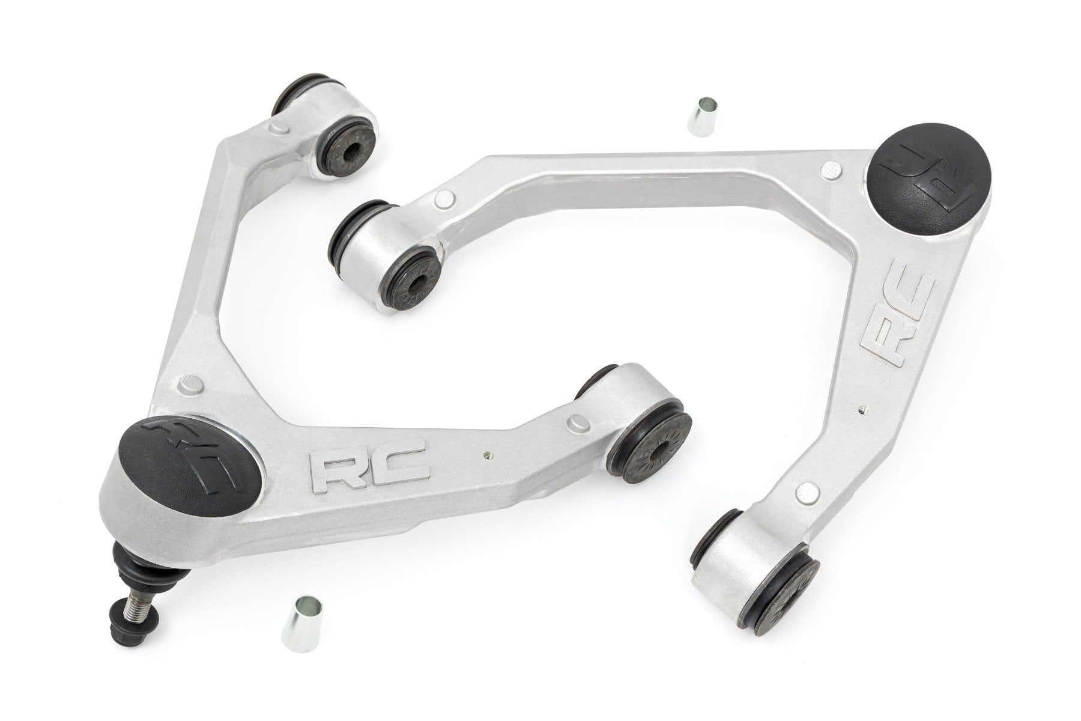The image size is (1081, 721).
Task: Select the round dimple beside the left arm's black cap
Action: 194,383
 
